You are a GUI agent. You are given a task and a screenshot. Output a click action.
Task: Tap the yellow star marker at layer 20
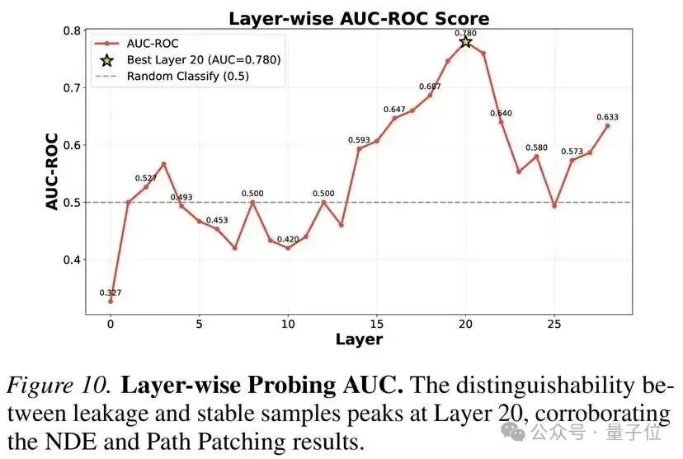click(x=465, y=41)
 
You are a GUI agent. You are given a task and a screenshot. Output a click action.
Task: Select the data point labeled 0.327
click(x=110, y=301)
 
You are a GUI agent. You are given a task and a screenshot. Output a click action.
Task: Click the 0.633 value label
click(x=607, y=117)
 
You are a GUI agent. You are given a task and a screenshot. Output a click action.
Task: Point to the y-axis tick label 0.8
click(x=72, y=31)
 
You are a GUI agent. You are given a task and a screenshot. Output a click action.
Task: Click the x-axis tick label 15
click(x=376, y=325)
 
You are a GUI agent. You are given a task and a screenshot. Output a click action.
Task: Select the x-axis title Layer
click(x=359, y=339)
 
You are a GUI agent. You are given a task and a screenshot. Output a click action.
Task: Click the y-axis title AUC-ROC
click(x=52, y=171)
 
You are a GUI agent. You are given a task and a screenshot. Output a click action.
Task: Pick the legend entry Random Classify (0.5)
click(x=187, y=76)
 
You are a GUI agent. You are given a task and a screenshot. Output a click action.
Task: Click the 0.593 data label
click(x=359, y=139)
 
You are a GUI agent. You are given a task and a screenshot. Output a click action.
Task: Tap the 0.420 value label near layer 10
click(x=288, y=239)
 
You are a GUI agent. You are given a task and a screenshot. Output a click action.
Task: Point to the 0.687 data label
click(x=430, y=87)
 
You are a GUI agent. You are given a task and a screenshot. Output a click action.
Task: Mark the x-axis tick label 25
click(x=554, y=325)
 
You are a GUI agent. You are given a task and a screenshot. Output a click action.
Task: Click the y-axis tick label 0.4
click(x=72, y=260)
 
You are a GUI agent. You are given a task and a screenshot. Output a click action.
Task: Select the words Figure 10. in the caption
click(x=59, y=386)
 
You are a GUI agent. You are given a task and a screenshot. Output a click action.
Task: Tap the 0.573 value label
click(x=572, y=152)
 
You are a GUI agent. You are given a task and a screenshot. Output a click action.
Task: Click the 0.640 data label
click(x=501, y=113)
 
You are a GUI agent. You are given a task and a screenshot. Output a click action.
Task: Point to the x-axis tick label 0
click(x=110, y=325)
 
